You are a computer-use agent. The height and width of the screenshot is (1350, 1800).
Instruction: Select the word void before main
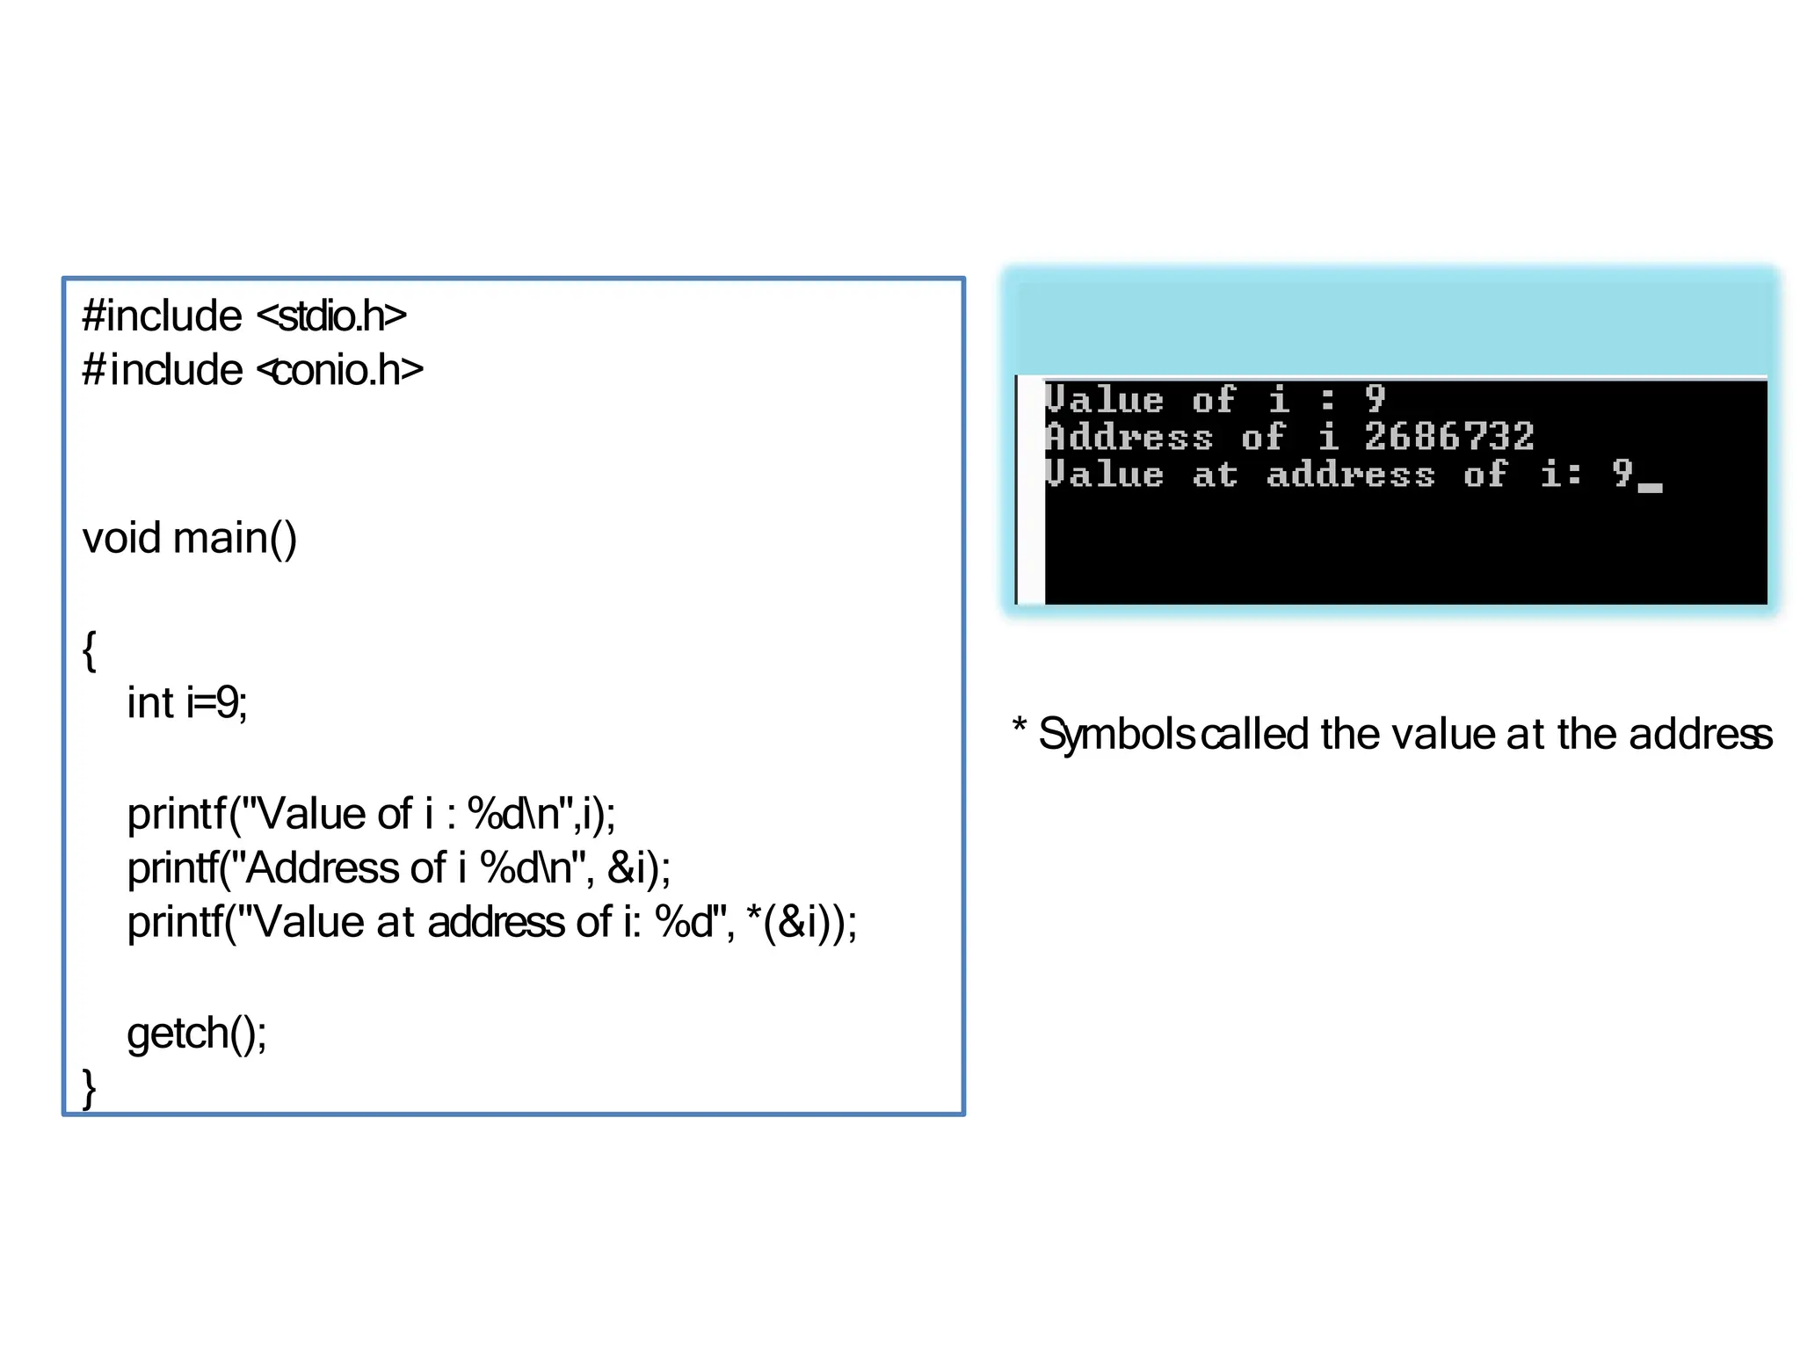(x=122, y=538)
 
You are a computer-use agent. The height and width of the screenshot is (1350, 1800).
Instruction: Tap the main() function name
(x=235, y=538)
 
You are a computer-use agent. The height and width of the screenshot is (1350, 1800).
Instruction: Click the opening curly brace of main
(x=89, y=650)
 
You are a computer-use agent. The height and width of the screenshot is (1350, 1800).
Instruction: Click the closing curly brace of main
(x=89, y=1087)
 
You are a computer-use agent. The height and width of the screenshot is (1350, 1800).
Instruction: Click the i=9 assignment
(x=216, y=703)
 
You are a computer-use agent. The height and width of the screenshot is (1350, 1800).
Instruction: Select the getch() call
(x=196, y=1033)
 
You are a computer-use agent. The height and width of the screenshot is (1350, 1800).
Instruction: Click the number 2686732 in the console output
(x=1448, y=437)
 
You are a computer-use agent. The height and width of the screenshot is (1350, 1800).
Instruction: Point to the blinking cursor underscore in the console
(x=1650, y=488)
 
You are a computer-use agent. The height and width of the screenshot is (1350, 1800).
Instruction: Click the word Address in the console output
(x=1129, y=437)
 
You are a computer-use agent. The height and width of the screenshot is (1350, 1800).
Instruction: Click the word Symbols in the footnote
(x=1116, y=734)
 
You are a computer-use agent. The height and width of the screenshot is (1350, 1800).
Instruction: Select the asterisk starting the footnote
(x=1020, y=726)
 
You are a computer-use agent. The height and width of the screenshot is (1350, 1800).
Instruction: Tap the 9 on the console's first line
(x=1375, y=399)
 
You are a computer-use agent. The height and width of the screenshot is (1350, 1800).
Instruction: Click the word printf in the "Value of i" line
(x=177, y=814)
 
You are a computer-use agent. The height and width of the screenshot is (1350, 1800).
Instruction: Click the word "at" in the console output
(x=1215, y=475)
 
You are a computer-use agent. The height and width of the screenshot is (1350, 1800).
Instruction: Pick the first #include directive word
(x=162, y=316)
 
